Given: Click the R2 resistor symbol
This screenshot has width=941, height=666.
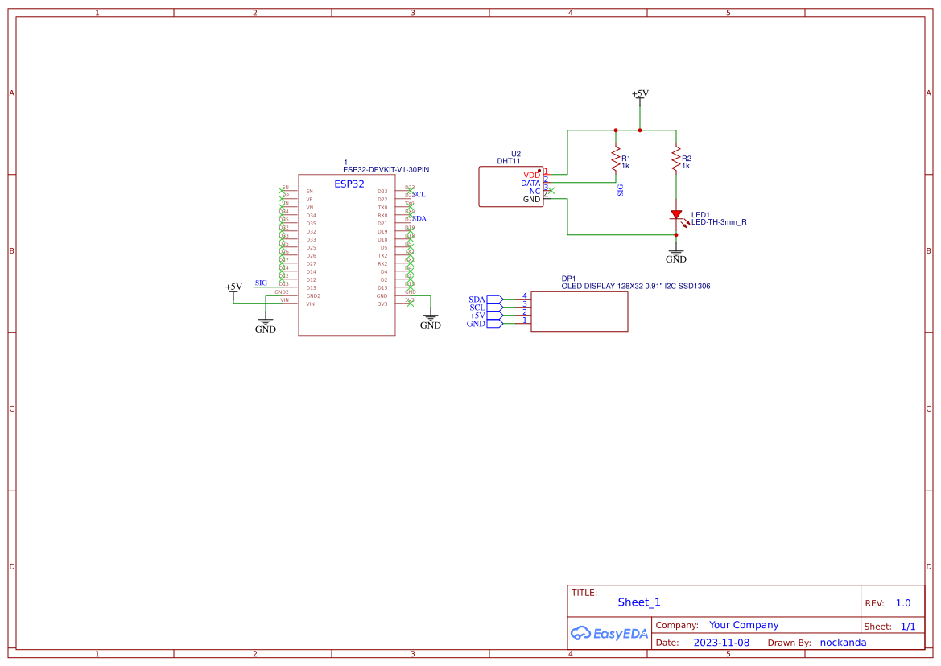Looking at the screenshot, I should click(x=676, y=159).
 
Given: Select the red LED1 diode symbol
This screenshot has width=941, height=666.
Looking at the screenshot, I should click(x=676, y=215).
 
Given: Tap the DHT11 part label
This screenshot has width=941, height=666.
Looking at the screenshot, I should click(x=509, y=161).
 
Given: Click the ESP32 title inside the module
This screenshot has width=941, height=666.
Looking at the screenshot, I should click(x=349, y=184).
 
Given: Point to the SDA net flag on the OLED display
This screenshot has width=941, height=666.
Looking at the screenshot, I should click(x=478, y=300).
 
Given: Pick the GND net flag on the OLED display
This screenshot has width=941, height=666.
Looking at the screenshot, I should click(x=477, y=324).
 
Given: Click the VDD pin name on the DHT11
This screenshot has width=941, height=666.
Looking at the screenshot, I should click(x=531, y=175).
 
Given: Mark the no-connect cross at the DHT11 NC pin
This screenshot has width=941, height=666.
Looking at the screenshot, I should click(x=551, y=191).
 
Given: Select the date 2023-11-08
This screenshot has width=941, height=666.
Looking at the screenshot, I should click(x=721, y=643).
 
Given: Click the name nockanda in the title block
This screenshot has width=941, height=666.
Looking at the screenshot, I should click(x=843, y=643).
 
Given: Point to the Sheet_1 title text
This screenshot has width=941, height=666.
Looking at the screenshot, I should click(x=639, y=602).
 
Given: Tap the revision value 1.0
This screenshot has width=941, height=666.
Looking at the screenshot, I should click(x=902, y=603).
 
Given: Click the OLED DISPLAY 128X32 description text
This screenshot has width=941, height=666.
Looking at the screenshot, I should click(x=635, y=286).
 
